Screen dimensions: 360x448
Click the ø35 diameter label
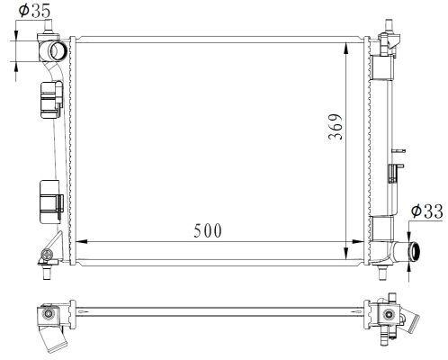(34, 13)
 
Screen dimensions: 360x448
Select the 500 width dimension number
(208, 230)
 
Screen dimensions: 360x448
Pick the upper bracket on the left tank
(50, 99)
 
